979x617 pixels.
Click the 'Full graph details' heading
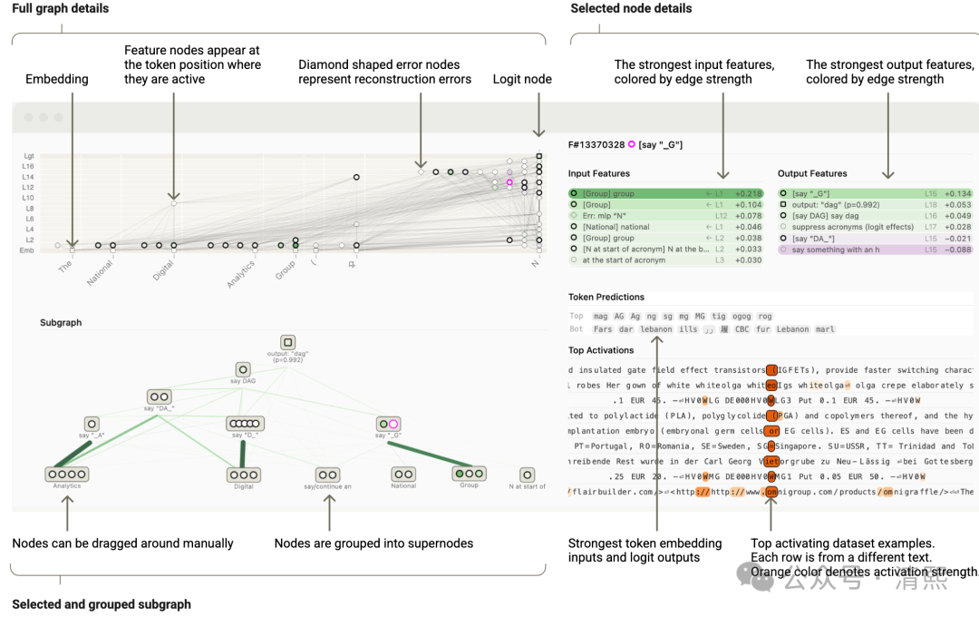[x=60, y=9]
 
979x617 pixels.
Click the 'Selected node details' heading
[x=631, y=9]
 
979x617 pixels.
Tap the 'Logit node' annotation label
[x=522, y=80]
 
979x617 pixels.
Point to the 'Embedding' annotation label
[x=57, y=80]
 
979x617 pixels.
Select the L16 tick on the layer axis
[x=28, y=167]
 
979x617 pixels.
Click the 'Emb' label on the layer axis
[x=28, y=250]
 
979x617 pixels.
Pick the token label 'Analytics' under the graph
[x=241, y=275]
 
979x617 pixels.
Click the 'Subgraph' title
[x=61, y=322]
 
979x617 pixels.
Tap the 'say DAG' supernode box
[x=243, y=370]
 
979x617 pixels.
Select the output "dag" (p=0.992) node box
[x=287, y=343]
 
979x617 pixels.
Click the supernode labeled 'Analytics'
[x=67, y=474]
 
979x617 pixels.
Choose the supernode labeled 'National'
[x=403, y=474]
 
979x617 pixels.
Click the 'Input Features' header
[x=598, y=173]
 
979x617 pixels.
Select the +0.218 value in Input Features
[x=748, y=194]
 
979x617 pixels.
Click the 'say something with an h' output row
[x=838, y=250]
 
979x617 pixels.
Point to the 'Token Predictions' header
[x=606, y=298]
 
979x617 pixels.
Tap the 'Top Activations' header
[x=601, y=350]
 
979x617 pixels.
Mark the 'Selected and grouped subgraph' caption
[x=102, y=604]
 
